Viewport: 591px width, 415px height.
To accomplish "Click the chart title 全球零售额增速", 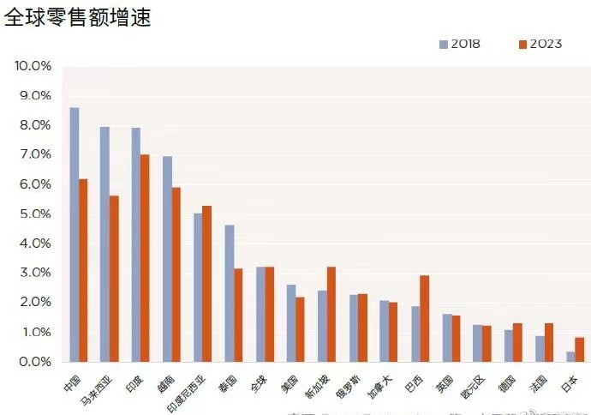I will point(78,17).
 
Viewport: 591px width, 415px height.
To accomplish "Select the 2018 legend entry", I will point(460,44).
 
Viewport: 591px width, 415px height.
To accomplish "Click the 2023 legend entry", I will point(540,44).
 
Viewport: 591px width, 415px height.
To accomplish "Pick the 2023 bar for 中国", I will point(83,270).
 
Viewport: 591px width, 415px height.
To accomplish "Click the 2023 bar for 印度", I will point(145,258).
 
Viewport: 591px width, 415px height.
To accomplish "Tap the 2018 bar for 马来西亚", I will point(104,244).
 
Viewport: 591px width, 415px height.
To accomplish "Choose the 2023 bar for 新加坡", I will point(331,314).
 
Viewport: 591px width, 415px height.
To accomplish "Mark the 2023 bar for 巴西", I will point(424,318).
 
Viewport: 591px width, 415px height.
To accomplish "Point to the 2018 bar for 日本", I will point(570,357).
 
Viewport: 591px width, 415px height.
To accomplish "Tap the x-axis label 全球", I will point(260,382).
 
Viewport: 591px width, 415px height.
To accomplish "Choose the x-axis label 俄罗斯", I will point(350,388).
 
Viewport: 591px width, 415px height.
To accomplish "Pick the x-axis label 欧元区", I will point(474,388).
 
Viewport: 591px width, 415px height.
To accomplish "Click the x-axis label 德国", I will point(508,382).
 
